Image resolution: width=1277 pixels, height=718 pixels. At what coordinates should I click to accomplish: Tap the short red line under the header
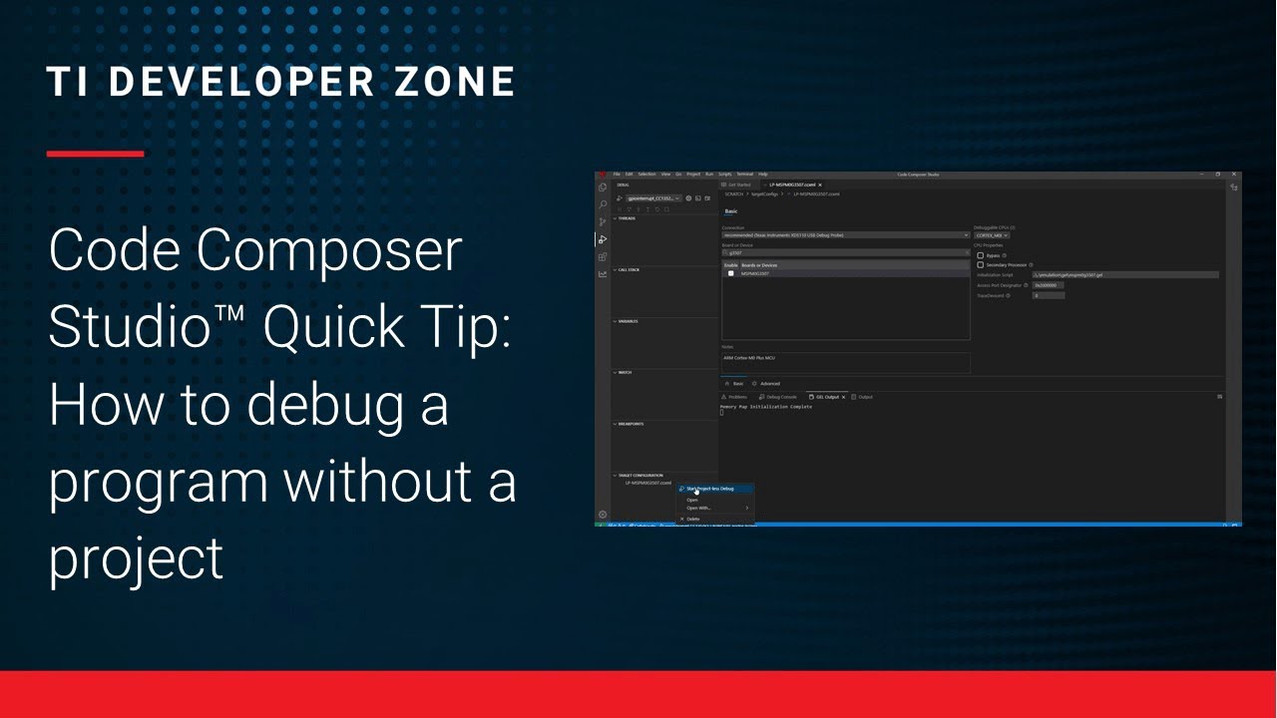95,154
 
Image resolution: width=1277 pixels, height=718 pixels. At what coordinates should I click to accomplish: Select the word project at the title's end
136,558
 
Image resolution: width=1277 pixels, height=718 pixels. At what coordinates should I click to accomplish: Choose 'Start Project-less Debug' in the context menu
709,489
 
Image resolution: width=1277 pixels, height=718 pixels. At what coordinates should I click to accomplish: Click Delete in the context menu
693,519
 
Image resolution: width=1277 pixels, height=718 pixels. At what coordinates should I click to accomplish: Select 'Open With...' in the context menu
698,508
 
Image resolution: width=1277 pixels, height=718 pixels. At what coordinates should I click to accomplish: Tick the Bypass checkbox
980,255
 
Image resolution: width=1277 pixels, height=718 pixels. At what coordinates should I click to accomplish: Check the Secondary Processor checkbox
980,265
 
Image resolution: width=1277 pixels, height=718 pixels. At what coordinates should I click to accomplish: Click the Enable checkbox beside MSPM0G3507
730,273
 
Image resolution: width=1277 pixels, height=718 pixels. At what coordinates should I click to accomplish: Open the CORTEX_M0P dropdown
992,235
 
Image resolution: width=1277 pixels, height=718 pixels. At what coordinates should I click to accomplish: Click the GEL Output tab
827,397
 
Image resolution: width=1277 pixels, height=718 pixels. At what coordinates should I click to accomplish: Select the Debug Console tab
781,397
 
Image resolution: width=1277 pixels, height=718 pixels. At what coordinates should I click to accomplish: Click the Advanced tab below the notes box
769,383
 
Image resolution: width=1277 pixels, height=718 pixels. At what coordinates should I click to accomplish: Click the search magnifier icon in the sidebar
603,204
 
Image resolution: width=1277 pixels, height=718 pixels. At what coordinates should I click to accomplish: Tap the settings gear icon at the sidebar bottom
603,515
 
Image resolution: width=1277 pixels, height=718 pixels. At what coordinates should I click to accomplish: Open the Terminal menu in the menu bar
744,174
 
